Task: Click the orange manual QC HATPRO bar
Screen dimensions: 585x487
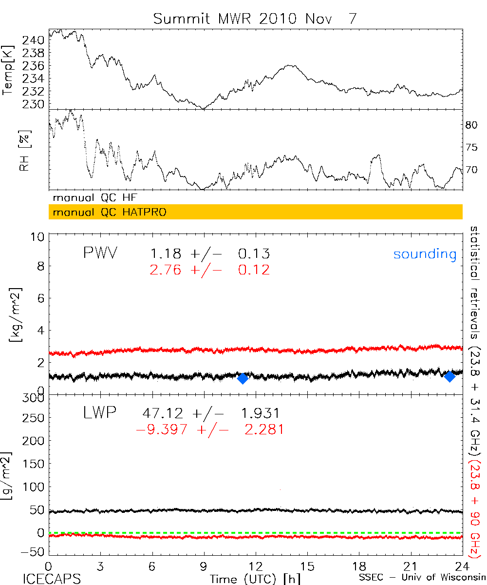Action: click(255, 213)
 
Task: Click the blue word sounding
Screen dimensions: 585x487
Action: click(425, 254)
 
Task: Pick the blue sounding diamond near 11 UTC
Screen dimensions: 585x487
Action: click(243, 378)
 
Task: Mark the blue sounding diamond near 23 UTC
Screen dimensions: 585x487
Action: click(450, 376)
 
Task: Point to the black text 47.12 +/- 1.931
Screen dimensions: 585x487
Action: click(210, 413)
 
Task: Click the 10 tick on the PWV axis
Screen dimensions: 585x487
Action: click(39, 237)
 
